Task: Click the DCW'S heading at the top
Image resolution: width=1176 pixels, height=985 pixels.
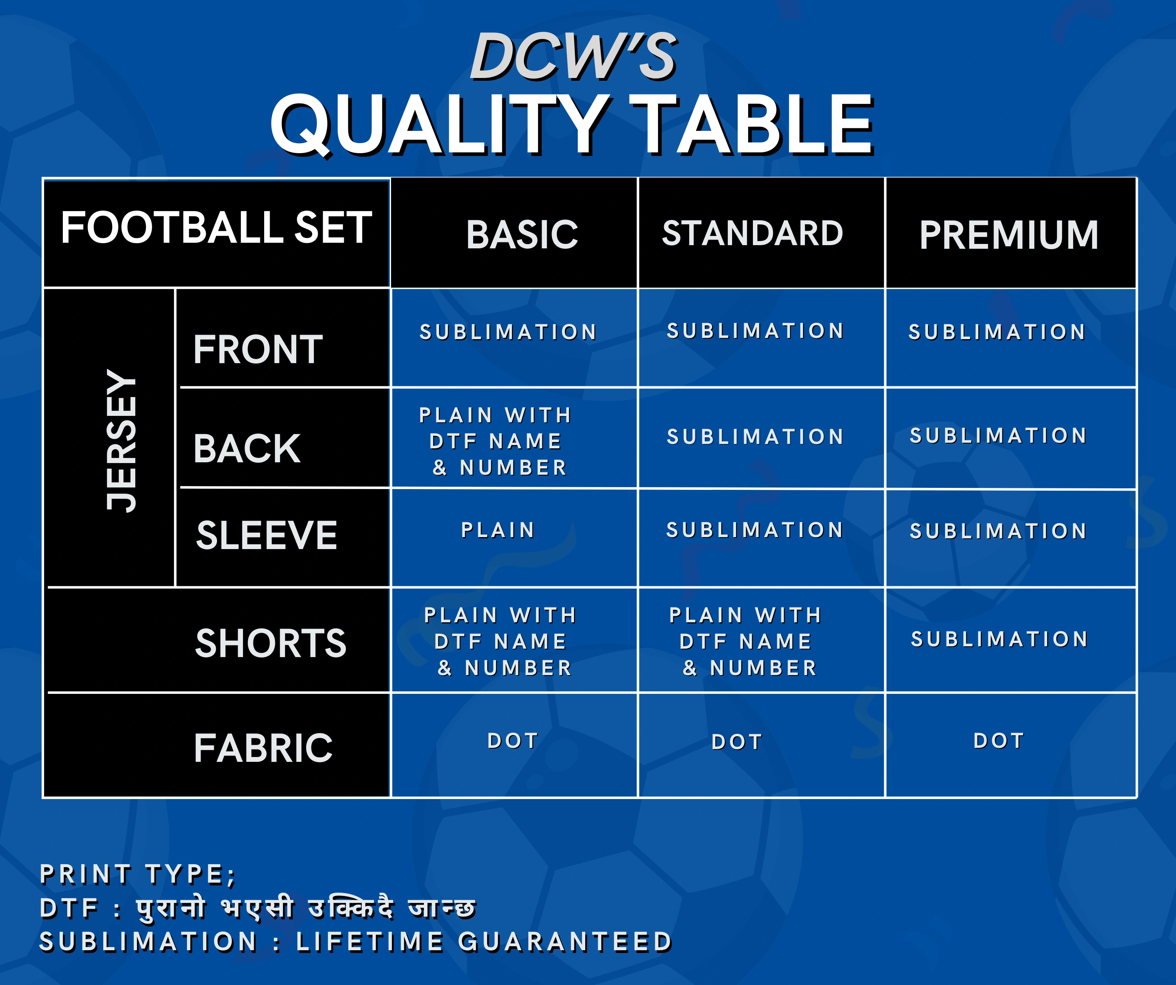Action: tap(574, 56)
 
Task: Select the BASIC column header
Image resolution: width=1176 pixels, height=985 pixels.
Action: tap(522, 234)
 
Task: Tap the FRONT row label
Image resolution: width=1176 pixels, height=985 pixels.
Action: tap(258, 349)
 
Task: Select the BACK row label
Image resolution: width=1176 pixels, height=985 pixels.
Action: tap(247, 449)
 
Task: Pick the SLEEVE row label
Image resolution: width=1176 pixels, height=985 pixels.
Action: tap(267, 535)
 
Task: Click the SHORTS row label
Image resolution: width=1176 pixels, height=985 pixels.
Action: tap(271, 643)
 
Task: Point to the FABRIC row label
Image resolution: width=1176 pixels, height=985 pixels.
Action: tap(263, 748)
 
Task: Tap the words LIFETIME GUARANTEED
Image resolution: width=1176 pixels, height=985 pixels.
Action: tap(484, 942)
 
